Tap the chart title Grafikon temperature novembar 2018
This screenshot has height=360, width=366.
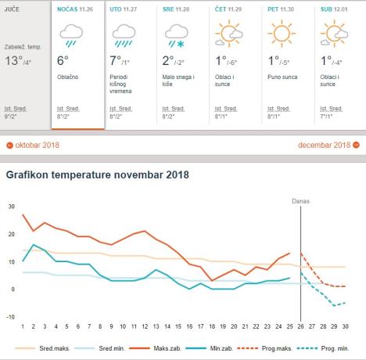pyautogui.click(x=97, y=175)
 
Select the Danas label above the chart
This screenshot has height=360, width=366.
pyautogui.click(x=301, y=201)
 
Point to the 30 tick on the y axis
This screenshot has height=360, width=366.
pyautogui.click(x=11, y=207)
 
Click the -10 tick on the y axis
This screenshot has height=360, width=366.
pyautogui.click(x=10, y=316)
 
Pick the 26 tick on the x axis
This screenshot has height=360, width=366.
pyautogui.click(x=301, y=326)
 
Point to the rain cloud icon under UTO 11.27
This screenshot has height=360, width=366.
pyautogui.click(x=123, y=33)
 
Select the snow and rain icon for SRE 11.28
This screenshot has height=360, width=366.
pyautogui.click(x=175, y=33)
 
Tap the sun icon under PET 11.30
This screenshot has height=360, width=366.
pyautogui.click(x=282, y=33)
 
